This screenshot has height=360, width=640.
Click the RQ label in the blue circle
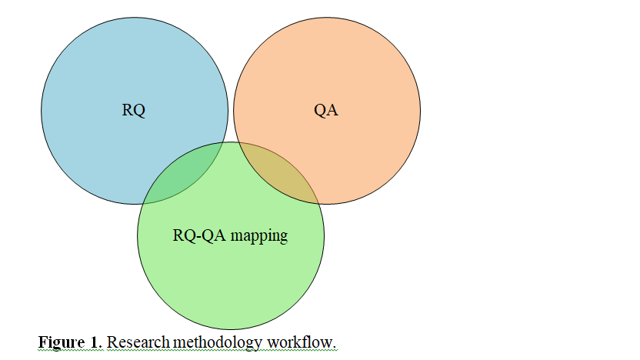pyautogui.click(x=134, y=110)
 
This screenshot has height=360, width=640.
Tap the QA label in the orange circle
pyautogui.click(x=326, y=110)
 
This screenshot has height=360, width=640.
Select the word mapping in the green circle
pyautogui.click(x=259, y=236)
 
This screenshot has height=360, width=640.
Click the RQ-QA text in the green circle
pyautogui.click(x=199, y=235)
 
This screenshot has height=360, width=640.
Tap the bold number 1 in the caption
pyautogui.click(x=95, y=342)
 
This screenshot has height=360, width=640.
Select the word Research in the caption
pyautogui.click(x=138, y=342)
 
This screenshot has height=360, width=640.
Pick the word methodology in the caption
pyautogui.click(x=218, y=342)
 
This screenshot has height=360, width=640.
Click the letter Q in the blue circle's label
pyautogui.click(x=139, y=111)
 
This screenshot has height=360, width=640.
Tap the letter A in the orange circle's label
pyautogui.click(x=332, y=110)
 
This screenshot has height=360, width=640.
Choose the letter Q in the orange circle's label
pyautogui.click(x=320, y=111)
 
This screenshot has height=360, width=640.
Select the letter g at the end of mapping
pyautogui.click(x=284, y=238)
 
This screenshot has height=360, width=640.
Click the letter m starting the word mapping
pyautogui.click(x=235, y=237)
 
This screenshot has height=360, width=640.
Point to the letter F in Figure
pyautogui.click(x=42, y=342)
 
